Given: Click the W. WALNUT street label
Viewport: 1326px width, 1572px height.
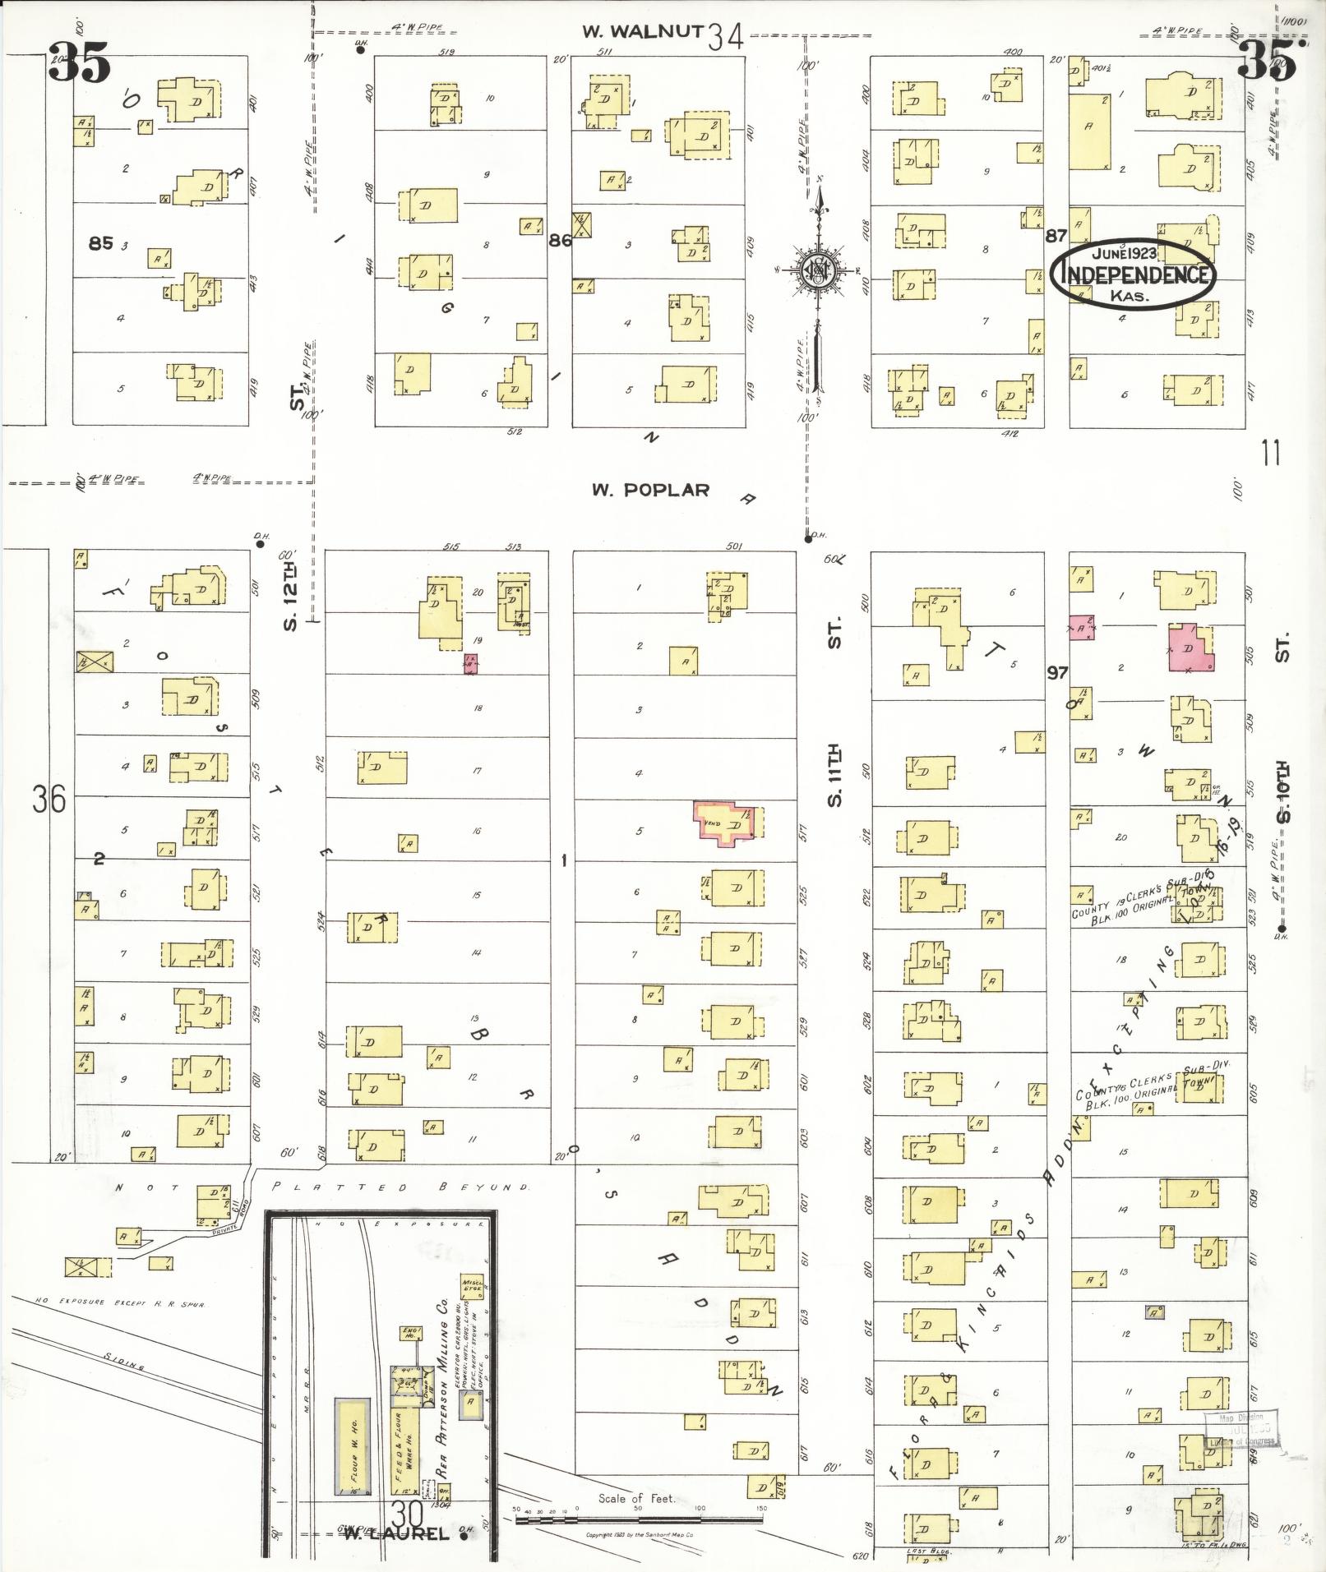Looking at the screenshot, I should [x=642, y=32].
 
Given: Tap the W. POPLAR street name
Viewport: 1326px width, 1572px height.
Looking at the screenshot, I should [x=650, y=490].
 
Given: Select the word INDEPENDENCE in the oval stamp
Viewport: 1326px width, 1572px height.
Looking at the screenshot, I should [x=1134, y=274].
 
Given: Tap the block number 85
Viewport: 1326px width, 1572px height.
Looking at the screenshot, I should [x=101, y=242].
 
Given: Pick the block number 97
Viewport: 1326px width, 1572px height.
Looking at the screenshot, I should [x=1057, y=672].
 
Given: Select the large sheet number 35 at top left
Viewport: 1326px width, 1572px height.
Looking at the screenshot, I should [x=79, y=63].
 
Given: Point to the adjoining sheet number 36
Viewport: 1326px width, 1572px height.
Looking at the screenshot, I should [x=49, y=799].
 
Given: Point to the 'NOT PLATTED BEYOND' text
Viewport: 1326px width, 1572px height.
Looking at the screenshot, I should [x=321, y=1187].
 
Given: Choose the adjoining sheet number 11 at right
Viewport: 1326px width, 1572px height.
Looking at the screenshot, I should [x=1271, y=454].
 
